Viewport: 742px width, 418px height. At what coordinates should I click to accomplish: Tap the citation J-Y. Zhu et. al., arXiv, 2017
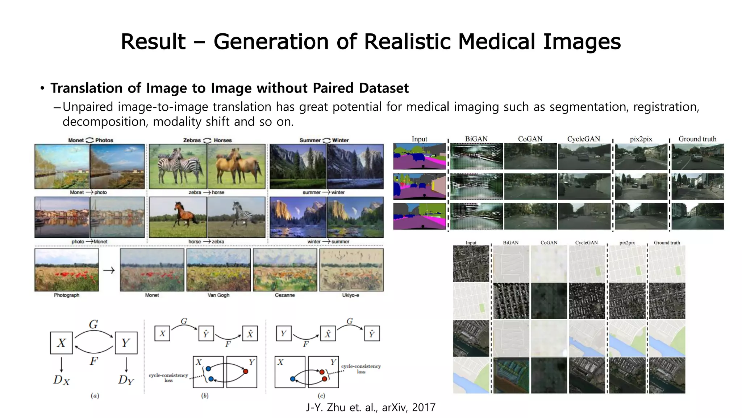click(x=371, y=407)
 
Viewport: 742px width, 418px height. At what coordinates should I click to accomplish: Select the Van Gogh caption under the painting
click(x=218, y=295)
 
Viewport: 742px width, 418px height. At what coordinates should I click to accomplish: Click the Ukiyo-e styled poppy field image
click(x=351, y=270)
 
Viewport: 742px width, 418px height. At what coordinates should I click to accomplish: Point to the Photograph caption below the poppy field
click(x=67, y=295)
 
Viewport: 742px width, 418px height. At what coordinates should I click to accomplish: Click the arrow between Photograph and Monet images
click(x=109, y=270)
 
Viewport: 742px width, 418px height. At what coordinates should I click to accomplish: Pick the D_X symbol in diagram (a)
click(x=61, y=380)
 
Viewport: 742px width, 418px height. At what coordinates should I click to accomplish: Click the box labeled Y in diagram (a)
click(x=126, y=343)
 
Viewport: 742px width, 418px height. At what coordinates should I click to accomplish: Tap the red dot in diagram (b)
click(x=246, y=371)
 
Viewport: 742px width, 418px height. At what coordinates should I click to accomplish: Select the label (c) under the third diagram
click(x=321, y=396)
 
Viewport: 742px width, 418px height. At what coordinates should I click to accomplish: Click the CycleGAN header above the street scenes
click(x=583, y=139)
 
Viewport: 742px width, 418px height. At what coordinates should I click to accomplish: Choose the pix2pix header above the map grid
click(x=627, y=242)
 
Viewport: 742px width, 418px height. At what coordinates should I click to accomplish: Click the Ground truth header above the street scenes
click(x=697, y=139)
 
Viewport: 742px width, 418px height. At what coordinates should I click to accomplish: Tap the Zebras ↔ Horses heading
click(x=207, y=140)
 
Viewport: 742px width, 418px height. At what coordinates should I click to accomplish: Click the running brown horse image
click(x=178, y=217)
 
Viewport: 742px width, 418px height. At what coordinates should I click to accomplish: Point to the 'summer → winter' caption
click(x=324, y=192)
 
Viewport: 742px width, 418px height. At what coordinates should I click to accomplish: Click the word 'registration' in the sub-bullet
click(x=666, y=107)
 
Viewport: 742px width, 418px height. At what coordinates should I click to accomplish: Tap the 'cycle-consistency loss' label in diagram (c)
click(x=361, y=369)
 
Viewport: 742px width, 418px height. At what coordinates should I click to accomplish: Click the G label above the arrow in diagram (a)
click(x=93, y=324)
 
